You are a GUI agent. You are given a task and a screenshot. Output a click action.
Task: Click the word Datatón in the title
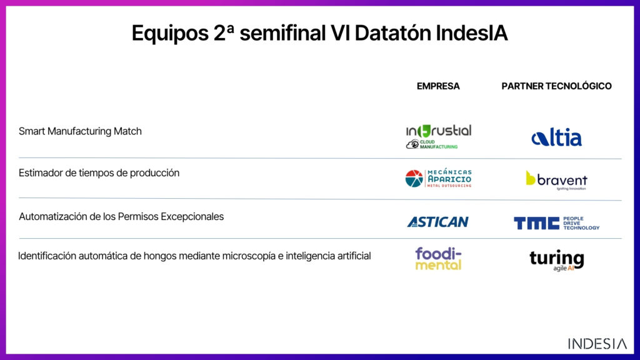[x=392, y=33]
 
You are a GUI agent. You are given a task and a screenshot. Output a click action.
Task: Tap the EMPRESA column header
[x=438, y=86]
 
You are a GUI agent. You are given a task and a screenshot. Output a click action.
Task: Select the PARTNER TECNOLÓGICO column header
[x=556, y=86]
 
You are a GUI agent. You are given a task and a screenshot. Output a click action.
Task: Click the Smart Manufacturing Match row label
[x=80, y=131]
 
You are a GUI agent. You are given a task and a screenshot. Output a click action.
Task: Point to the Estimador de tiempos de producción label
[x=99, y=173]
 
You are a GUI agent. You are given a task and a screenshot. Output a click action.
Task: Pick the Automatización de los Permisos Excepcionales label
[x=121, y=216]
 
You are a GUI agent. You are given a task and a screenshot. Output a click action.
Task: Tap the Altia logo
[x=556, y=138]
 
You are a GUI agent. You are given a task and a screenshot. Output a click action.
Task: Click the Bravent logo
[x=556, y=180]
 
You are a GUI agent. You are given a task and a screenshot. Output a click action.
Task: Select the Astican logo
[x=438, y=222]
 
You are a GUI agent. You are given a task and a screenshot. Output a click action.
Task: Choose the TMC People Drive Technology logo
[x=556, y=223]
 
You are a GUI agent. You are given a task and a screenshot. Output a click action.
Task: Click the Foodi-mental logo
[x=438, y=258]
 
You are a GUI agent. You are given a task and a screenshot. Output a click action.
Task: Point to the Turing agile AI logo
[x=557, y=261]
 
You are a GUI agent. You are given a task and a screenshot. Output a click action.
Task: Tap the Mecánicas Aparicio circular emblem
[x=414, y=179]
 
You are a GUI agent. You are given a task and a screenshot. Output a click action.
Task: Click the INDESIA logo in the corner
[x=597, y=344]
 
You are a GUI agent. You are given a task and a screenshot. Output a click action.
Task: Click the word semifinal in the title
[x=282, y=33]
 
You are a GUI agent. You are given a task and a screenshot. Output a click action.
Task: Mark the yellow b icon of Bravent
[x=530, y=178]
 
